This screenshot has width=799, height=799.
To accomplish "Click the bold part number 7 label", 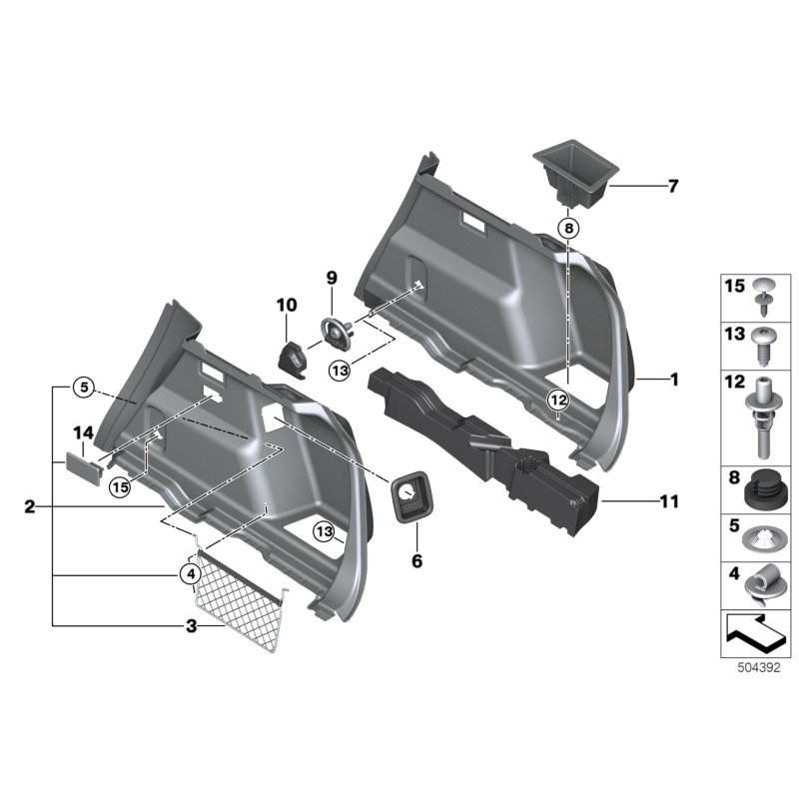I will pos(672,186).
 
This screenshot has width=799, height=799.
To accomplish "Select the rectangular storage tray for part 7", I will pos(572,170).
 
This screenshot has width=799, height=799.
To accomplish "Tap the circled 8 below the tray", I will pos(567,229).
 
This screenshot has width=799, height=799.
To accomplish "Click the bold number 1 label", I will pos(674,380).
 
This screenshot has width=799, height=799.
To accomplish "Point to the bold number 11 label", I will pos(669,501).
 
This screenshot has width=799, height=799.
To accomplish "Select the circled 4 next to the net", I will pos(188,573).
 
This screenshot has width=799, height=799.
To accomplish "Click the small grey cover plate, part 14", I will pos(83,465).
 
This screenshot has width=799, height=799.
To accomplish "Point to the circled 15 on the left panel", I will pos(122,487).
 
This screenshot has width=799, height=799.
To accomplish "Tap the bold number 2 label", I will pos(30,507).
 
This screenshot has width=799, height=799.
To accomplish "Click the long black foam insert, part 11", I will pos(479,444).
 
